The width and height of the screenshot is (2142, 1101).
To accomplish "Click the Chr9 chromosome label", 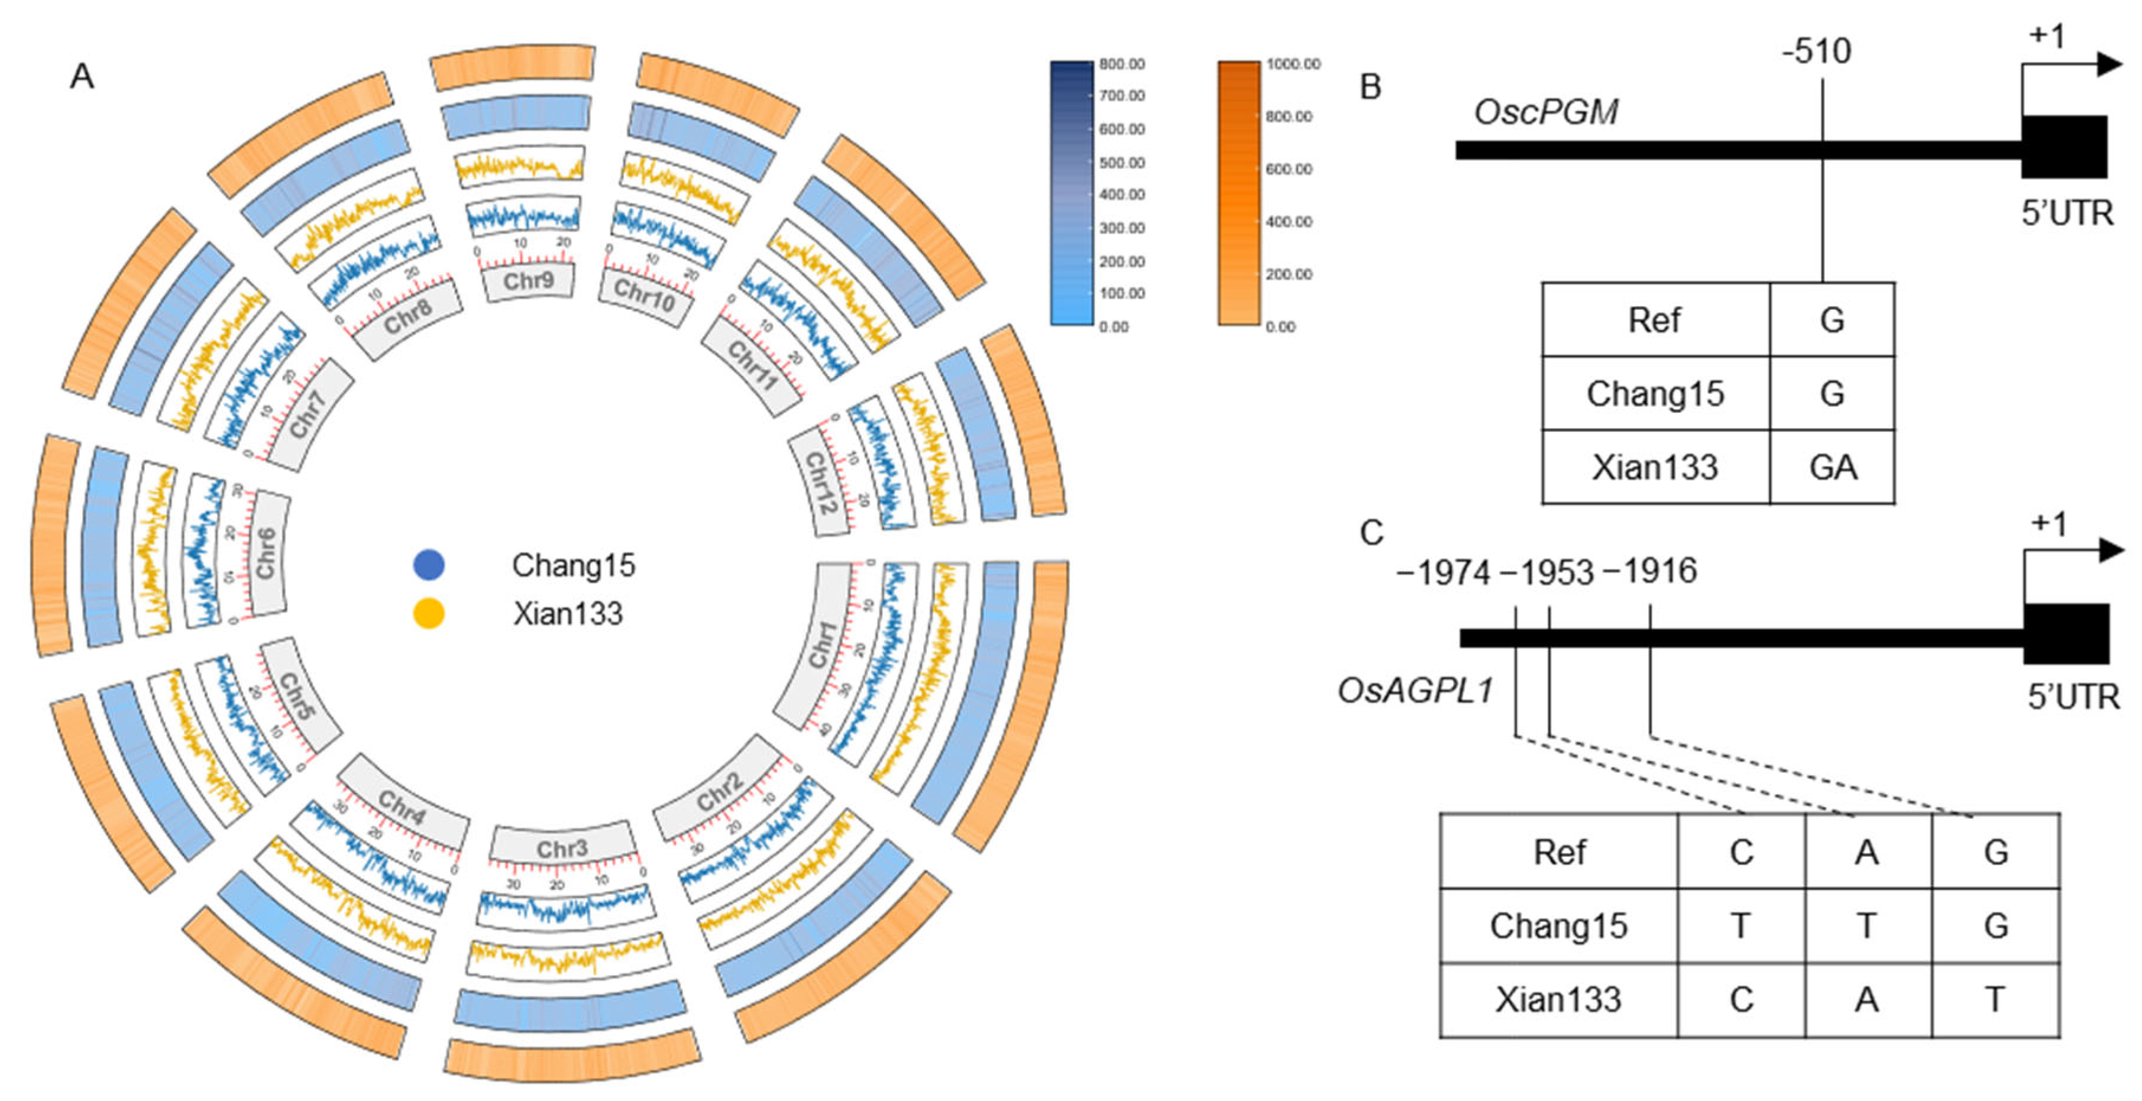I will pos(529,280).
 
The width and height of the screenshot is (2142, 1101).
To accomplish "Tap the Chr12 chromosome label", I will pos(821,483).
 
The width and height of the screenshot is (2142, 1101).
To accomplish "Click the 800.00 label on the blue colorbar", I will pos(1122,64).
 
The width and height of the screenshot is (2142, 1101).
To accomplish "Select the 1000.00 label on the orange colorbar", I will pos(1293,64).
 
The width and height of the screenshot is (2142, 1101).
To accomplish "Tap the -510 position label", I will pos(1816,51).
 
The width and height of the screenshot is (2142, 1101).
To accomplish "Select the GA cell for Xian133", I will pos(1833,467).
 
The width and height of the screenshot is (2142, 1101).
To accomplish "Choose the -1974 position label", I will pos(1444,573).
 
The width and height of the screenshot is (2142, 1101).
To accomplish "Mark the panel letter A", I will pos(82,76).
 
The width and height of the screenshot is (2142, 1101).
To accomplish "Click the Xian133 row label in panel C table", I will pos(1558,999).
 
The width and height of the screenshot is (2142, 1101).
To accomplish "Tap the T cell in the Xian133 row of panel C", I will pos(1995,999).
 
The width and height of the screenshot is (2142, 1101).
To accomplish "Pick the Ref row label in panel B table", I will pos(1655,320).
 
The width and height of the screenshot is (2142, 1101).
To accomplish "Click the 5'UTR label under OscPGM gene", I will pos(2067,213).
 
